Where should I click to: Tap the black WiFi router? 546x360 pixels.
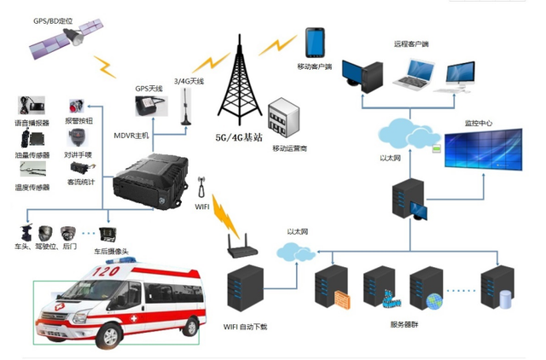[244, 248]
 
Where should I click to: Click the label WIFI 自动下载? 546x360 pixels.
[246, 327]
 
